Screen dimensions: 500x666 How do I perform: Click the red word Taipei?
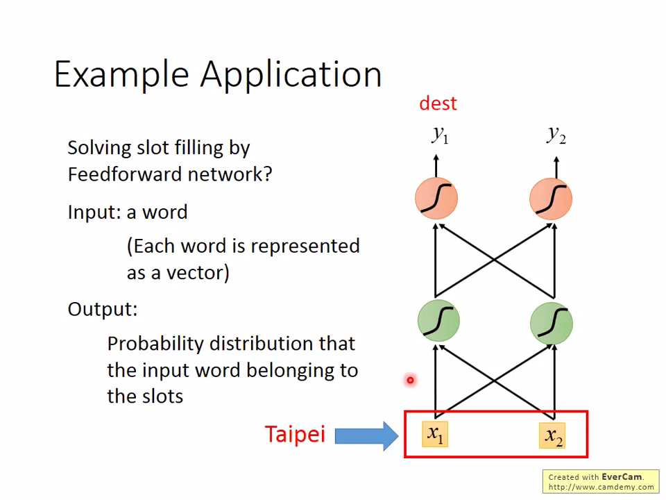coord(295,435)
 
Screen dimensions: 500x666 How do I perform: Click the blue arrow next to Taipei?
coord(366,435)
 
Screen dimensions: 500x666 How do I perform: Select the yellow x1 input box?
coord(435,434)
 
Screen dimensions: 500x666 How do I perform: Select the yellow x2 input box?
coord(553,436)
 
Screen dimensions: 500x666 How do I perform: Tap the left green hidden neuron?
coord(438,321)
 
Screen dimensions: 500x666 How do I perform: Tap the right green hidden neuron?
coord(551,322)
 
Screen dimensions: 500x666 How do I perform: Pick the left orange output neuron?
coord(436,198)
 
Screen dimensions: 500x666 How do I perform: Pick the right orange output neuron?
coord(551,199)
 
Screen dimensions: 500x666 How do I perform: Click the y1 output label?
coord(440,134)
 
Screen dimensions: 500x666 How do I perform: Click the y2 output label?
coord(556,133)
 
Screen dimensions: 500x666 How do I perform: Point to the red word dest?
coord(438,103)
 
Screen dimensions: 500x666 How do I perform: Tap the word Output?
coord(102,309)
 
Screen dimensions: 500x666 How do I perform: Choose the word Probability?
coord(156,343)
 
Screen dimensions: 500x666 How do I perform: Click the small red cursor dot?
coord(410,380)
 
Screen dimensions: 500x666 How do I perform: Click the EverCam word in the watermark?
coord(622,477)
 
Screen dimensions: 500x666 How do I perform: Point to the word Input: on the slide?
coord(94,212)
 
